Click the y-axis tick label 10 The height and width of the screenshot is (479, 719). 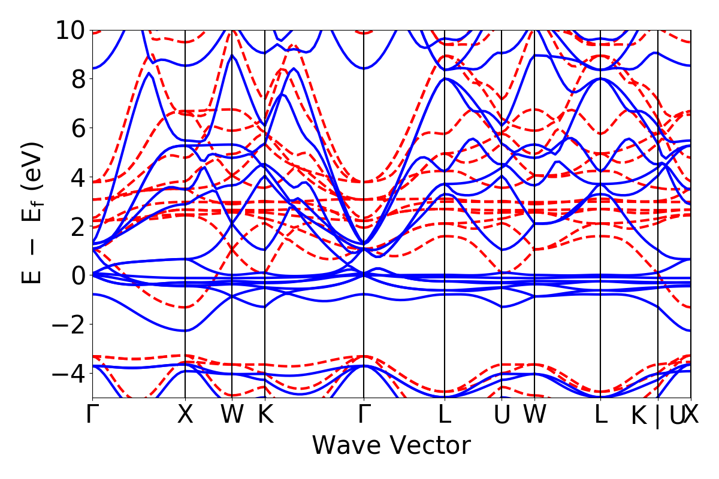[71, 30]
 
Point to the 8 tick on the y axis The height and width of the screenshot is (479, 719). [77, 79]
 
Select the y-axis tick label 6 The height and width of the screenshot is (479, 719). [77, 128]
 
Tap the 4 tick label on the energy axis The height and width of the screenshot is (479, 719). [77, 177]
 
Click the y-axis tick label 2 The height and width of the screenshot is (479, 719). [77, 226]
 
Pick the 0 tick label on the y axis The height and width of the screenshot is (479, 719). [77, 275]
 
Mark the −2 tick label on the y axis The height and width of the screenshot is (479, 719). [71, 325]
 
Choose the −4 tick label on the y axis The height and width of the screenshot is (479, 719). [71, 374]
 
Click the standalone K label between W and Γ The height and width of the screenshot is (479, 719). [265, 415]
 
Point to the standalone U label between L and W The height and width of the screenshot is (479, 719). [502, 415]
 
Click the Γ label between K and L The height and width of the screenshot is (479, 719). [364, 415]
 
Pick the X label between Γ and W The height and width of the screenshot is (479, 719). [185, 415]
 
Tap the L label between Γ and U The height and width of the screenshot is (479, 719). [444, 415]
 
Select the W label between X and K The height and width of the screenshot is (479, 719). [232, 415]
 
